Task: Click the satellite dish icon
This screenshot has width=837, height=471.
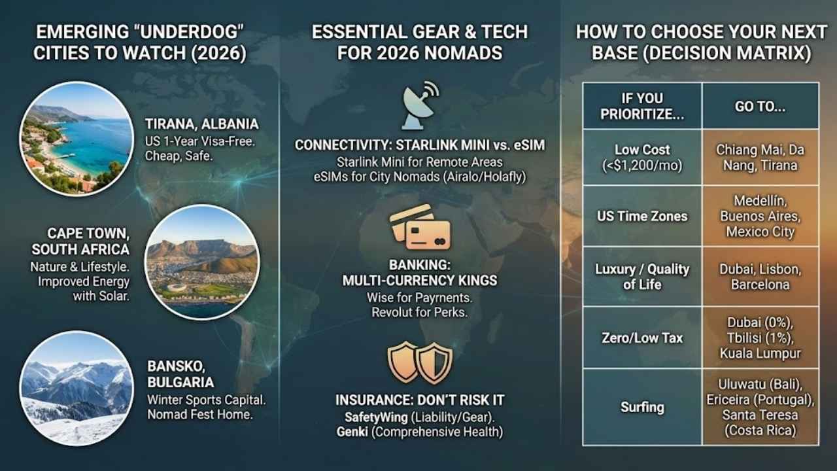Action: coord(419,106)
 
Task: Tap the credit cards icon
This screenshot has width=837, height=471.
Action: coord(420,228)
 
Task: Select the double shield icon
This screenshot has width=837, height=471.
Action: coord(420,362)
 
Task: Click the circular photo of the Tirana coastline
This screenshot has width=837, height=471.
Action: coord(77,139)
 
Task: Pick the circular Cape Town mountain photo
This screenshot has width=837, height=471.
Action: coord(202,262)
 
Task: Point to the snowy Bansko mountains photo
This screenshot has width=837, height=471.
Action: coord(77,388)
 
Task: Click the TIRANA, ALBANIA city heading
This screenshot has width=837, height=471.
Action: coord(202,124)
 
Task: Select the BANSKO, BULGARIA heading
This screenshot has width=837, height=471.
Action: coord(180,374)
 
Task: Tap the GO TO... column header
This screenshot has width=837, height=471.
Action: coord(760,107)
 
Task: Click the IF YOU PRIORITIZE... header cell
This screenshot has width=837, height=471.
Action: coord(642,106)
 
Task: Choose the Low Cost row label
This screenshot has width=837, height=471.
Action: coord(642,158)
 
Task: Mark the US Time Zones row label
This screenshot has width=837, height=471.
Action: coord(642,217)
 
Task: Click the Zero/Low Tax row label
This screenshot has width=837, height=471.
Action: coord(642,338)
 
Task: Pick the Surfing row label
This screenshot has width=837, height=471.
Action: coord(642,407)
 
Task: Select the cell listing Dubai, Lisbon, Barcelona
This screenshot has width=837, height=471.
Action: coord(760,277)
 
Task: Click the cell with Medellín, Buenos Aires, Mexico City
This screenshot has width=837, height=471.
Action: coord(760,216)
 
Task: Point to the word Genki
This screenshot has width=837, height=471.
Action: coord(352,432)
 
